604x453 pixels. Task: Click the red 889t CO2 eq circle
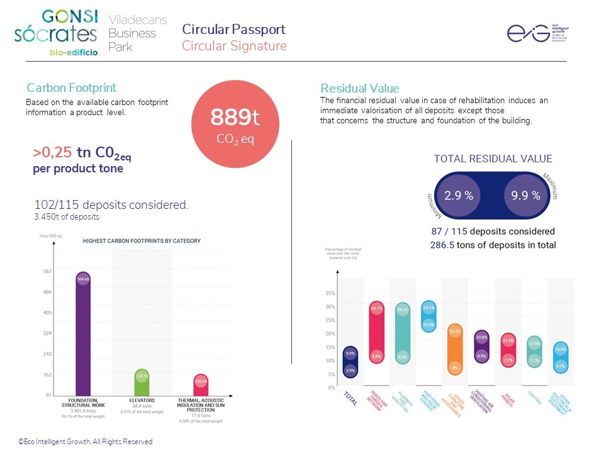click(235, 126)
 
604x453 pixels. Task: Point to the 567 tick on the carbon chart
click(48, 272)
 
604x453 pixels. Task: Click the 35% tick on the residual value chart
click(330, 293)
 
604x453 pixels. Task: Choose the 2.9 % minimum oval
click(459, 195)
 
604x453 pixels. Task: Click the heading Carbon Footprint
click(71, 88)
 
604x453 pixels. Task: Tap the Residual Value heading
click(359, 88)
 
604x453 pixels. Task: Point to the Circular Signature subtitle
click(234, 46)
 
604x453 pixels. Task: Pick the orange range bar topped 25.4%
click(455, 349)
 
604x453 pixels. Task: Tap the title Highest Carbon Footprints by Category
click(142, 241)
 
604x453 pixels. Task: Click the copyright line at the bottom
click(85, 442)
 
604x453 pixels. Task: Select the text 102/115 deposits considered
click(111, 205)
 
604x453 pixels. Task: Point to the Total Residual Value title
click(493, 159)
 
